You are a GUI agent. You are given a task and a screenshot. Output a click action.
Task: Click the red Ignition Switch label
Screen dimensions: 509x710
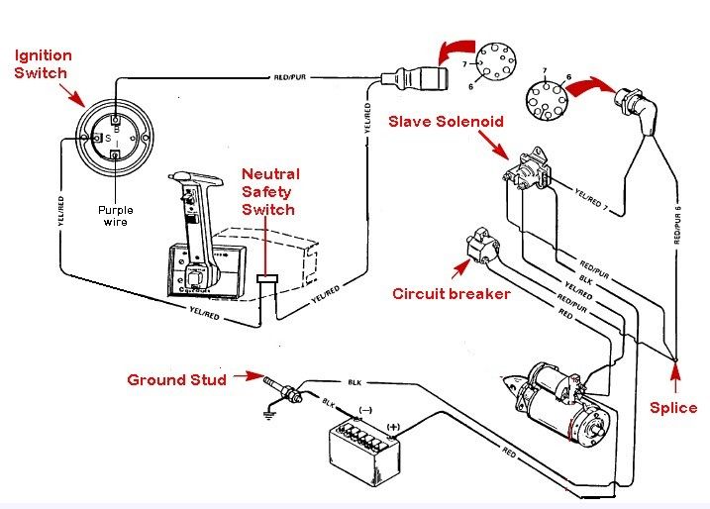click(x=39, y=64)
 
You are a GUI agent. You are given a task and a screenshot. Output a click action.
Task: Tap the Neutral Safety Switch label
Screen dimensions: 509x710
click(x=268, y=191)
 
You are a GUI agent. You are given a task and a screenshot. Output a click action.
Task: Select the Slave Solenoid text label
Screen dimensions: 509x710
click(x=446, y=121)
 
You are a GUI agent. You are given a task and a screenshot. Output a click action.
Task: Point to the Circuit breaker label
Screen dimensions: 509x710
click(x=451, y=293)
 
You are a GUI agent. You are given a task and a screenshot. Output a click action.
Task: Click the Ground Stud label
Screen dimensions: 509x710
click(x=177, y=378)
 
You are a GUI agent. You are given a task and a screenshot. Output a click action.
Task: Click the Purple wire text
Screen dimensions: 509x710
click(x=115, y=215)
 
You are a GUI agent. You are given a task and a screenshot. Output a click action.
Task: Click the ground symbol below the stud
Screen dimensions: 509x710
click(x=269, y=415)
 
